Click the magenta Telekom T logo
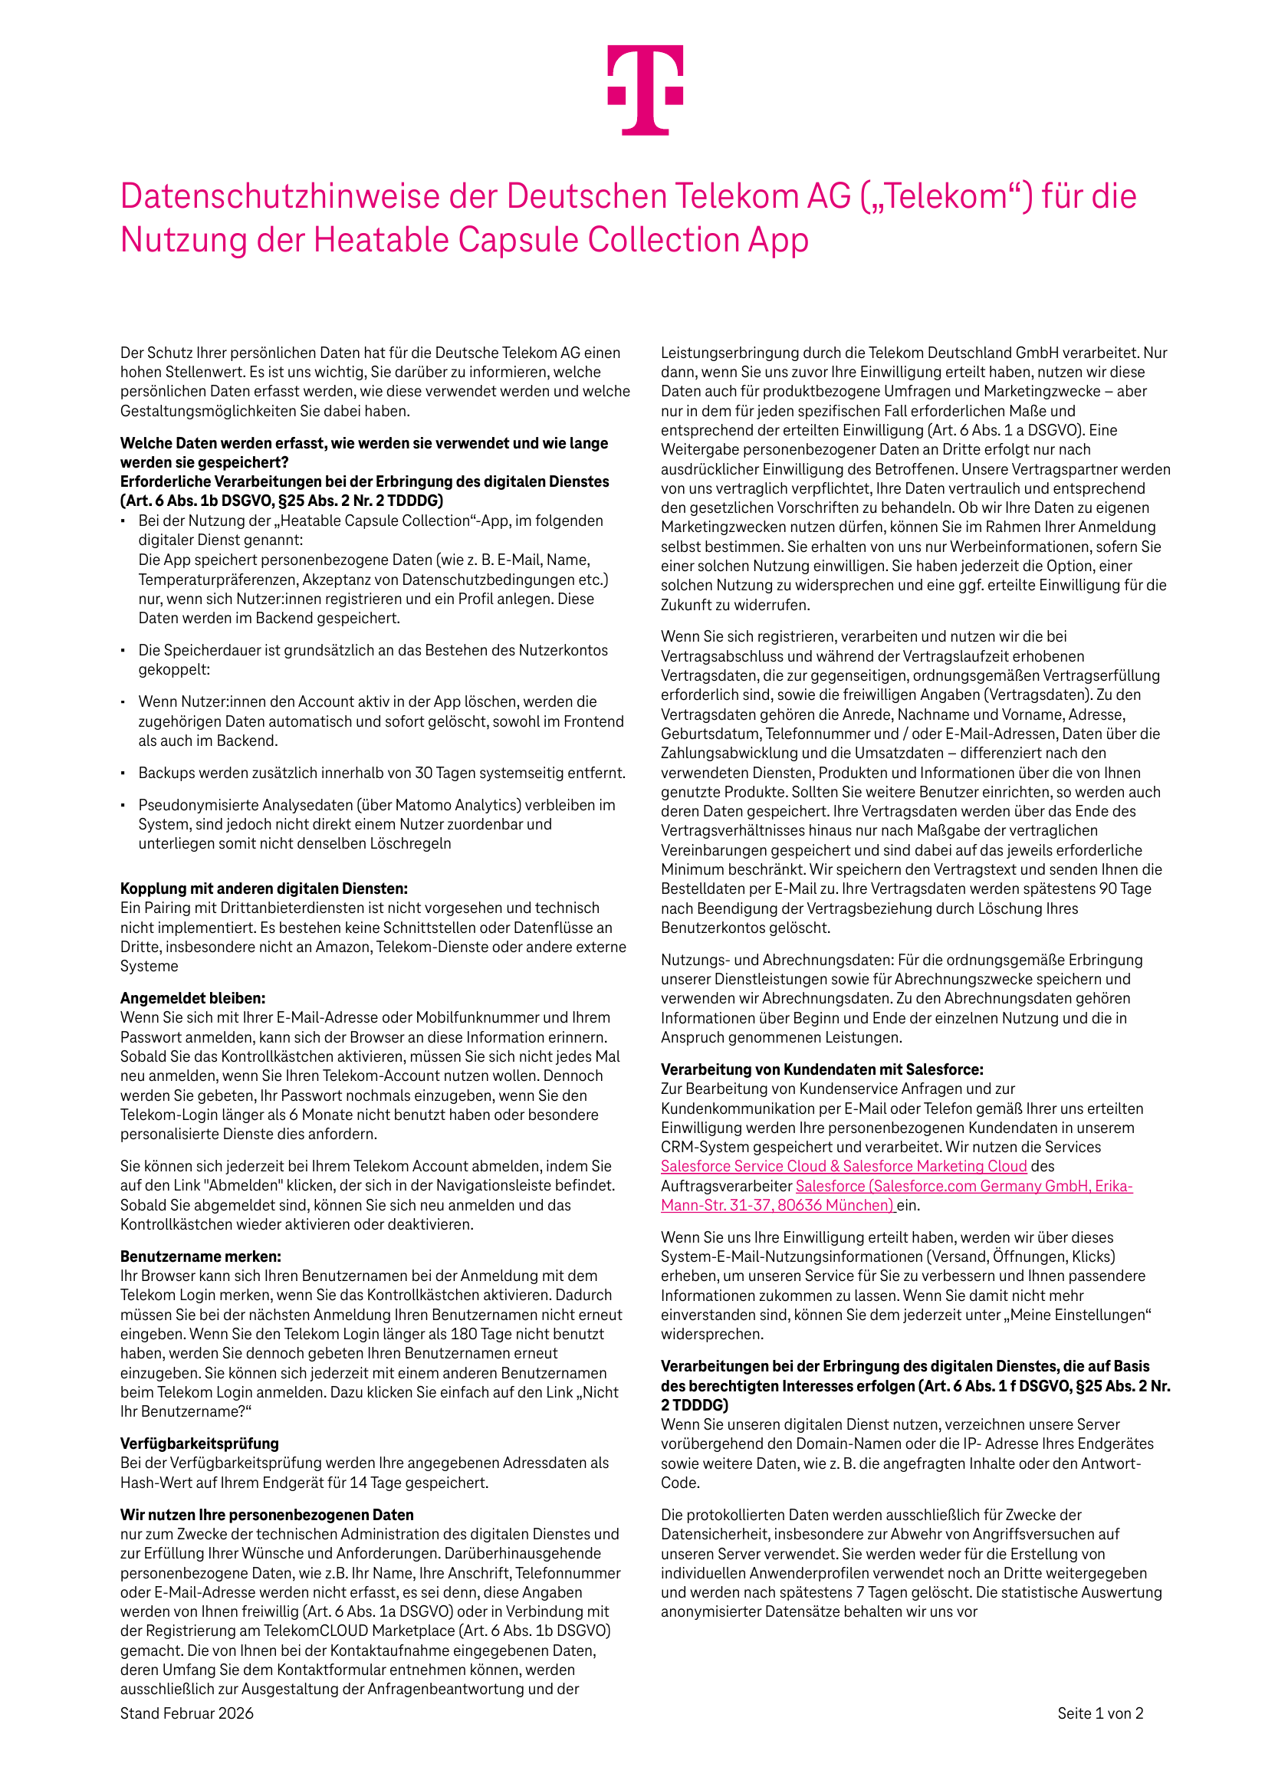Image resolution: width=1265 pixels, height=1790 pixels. tap(645, 89)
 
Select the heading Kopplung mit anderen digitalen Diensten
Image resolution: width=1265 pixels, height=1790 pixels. tap(264, 888)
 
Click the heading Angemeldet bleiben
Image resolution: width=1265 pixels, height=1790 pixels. tap(192, 998)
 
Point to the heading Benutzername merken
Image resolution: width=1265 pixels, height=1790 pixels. tap(200, 1256)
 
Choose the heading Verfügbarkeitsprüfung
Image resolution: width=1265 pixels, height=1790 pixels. tap(199, 1443)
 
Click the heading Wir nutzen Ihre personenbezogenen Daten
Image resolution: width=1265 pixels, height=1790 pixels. tap(267, 1515)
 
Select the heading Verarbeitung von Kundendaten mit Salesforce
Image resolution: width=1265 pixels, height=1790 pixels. tap(822, 1069)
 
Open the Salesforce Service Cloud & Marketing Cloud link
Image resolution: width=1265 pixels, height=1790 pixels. tap(843, 1166)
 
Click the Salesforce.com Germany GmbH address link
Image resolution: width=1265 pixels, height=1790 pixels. tap(963, 1186)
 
